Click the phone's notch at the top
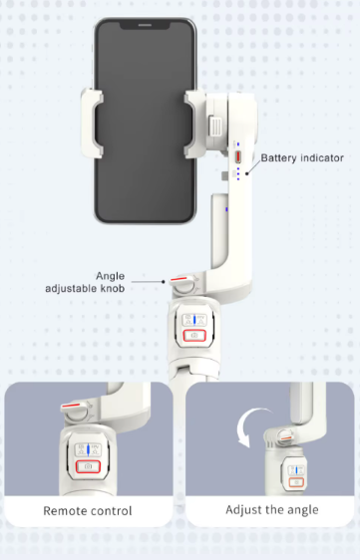144,24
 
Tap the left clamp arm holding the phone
92,123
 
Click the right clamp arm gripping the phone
193,124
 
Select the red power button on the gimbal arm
237,156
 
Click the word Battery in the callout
279,157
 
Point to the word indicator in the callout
322,157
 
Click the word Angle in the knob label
110,276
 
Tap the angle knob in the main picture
183,284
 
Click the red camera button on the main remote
194,336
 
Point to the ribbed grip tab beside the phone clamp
215,127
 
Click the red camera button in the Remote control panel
88,466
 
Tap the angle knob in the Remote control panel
76,411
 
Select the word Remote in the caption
63,511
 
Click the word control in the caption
109,511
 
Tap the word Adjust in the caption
242,510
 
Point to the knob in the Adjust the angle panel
285,436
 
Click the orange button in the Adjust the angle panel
296,482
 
